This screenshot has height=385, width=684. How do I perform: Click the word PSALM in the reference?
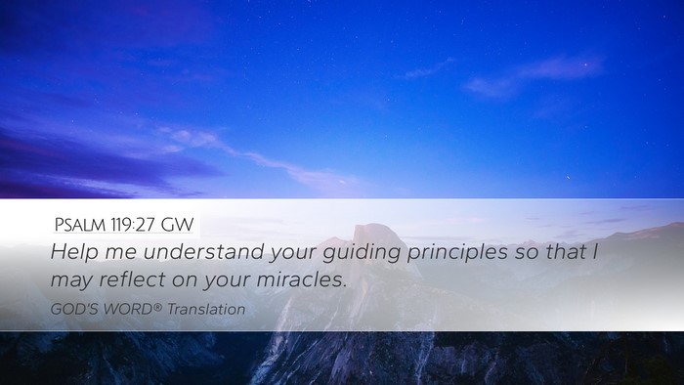click(80, 225)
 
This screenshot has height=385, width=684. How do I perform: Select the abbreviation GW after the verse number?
click(177, 225)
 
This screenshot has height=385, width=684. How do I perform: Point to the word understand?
click(203, 251)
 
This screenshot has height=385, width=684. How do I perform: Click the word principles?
click(457, 253)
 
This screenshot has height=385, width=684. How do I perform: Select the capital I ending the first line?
click(595, 251)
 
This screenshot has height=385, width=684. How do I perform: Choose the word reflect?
click(133, 279)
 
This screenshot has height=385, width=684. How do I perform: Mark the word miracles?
click(301, 279)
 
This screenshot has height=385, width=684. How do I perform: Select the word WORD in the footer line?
click(128, 309)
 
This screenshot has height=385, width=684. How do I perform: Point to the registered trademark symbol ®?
click(158, 307)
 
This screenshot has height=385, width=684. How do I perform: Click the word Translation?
click(206, 309)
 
